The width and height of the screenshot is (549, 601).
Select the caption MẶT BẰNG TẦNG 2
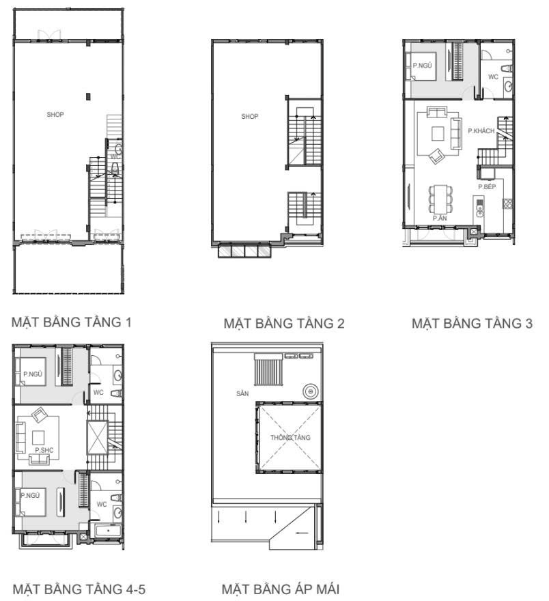click(x=284, y=323)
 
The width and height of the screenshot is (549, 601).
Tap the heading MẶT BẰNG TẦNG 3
click(x=473, y=323)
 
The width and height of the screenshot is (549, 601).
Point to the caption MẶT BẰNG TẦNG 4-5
click(x=79, y=589)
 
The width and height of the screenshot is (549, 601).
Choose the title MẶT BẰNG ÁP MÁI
click(x=281, y=589)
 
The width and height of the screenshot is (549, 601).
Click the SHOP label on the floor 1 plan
click(x=55, y=115)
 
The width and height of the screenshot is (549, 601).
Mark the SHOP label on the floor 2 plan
click(x=250, y=117)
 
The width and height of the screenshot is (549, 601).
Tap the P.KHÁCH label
click(x=481, y=130)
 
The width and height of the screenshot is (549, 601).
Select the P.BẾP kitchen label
click(x=486, y=186)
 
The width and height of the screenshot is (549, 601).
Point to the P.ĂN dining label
click(x=439, y=218)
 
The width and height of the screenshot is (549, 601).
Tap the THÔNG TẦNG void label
click(x=290, y=437)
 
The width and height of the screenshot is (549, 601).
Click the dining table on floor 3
click(x=440, y=199)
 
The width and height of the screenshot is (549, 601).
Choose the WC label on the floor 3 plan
click(x=493, y=77)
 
